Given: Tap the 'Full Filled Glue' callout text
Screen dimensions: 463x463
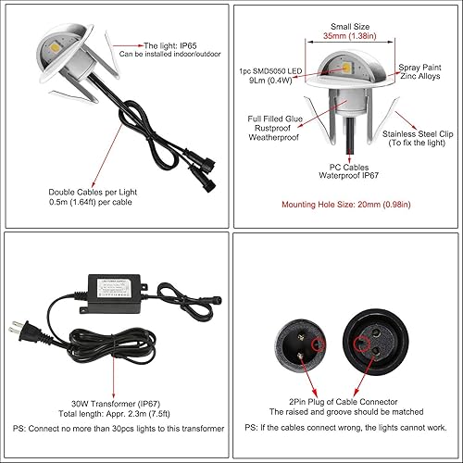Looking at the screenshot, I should pos(279,119).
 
